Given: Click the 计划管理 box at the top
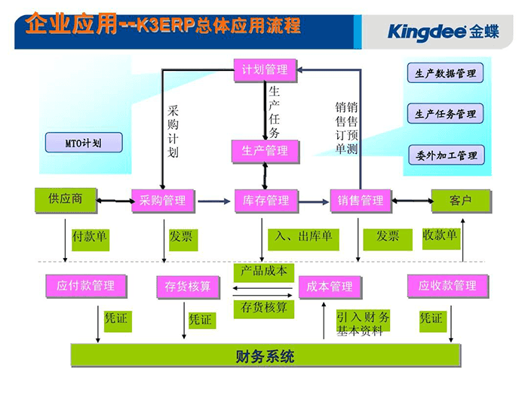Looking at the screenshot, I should pos(264,69).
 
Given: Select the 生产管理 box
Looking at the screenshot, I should pos(264,150).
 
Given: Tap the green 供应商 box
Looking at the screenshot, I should pos(66,199).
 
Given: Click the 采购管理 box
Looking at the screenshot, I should pos(162,201).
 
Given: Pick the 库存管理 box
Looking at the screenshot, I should pos(266,201).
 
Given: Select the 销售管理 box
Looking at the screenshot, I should pos(361,201).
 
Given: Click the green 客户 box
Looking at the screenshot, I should pos(460,200).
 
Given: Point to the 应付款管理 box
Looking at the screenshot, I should pos(85,285).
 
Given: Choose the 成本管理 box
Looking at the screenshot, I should pos(330,287).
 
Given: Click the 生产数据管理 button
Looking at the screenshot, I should pos(445,74).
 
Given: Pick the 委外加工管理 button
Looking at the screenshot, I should pos(446,155).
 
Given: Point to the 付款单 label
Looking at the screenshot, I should pos(89,236).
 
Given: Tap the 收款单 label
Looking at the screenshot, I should pos(441,235).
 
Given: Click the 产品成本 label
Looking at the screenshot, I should pos(263,270).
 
